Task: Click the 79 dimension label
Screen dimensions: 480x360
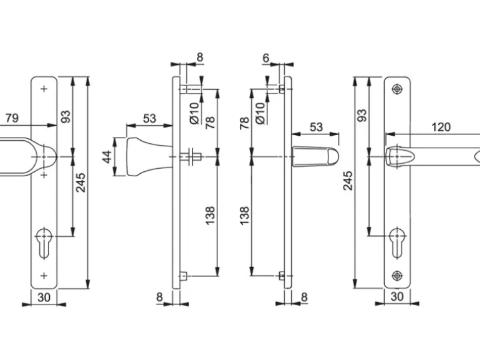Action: (12, 118)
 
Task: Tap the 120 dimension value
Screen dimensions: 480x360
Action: (441, 127)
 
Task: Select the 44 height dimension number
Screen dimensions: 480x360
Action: (107, 157)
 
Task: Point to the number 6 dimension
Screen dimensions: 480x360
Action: (266, 57)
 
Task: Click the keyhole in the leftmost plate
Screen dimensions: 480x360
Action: (44, 243)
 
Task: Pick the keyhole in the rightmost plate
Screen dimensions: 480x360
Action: (397, 243)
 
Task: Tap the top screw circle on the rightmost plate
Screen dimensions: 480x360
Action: (397, 89)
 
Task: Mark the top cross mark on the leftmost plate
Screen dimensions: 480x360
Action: (44, 89)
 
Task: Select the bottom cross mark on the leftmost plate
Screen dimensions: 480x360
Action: (44, 275)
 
